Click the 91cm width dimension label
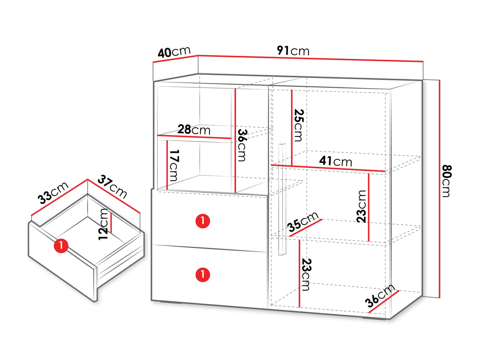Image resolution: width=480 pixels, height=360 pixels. [293, 51]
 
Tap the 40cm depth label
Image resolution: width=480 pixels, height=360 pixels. [174, 52]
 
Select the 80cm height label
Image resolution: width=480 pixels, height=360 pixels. [447, 181]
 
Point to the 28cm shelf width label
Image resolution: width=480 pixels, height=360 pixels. [194, 130]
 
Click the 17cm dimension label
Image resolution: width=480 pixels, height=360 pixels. [174, 165]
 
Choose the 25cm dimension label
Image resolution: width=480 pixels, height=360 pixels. [299, 125]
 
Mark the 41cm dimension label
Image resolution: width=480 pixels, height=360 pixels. [335, 161]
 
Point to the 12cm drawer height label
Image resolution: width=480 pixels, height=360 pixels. [103, 224]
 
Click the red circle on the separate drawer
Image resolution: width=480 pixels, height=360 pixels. [61, 246]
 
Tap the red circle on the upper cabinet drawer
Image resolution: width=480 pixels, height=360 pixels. [203, 221]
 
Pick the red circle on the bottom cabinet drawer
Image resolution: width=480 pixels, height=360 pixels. [203, 275]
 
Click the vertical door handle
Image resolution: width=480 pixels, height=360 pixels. [282, 199]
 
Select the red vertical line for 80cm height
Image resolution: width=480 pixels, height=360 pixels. [439, 189]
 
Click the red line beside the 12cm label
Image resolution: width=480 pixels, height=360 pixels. [111, 222]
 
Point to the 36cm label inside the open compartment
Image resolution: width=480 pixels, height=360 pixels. [242, 145]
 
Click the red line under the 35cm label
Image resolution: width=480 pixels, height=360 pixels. [306, 228]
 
